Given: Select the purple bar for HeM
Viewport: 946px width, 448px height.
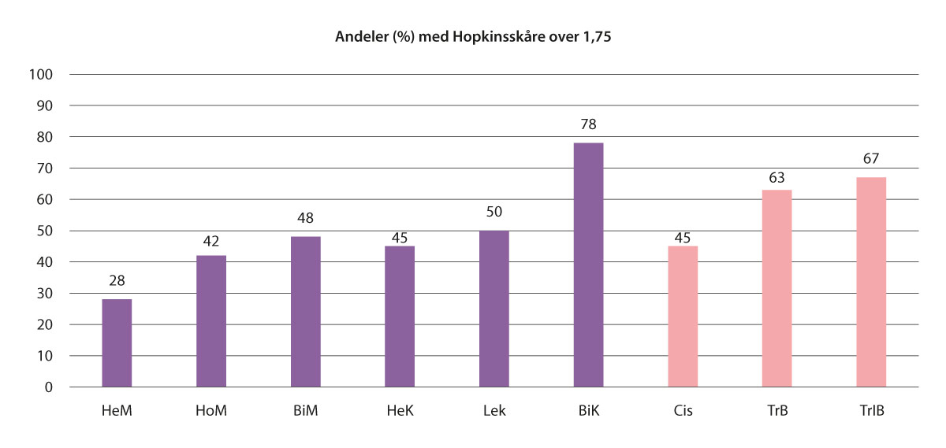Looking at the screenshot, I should (x=117, y=343).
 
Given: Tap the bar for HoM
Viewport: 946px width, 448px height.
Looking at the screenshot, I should (x=211, y=321).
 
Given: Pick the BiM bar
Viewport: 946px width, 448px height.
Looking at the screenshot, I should (x=306, y=312).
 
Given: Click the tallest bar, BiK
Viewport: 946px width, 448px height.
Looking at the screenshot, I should (x=588, y=265).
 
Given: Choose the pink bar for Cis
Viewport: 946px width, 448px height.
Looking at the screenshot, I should (x=683, y=317).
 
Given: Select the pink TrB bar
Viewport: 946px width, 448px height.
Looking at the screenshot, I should (x=777, y=288).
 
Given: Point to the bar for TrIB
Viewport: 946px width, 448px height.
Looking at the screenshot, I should (x=871, y=282).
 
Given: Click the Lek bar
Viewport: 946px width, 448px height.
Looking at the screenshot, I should (x=494, y=309).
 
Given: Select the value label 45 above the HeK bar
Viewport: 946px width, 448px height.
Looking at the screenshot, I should (x=400, y=232).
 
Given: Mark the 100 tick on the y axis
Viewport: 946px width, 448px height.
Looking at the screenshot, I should (x=43, y=75).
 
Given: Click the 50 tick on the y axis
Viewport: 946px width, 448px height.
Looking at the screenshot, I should (x=46, y=231).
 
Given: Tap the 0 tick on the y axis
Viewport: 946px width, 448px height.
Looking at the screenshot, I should (x=49, y=387).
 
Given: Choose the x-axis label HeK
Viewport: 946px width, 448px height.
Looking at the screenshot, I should (x=400, y=410).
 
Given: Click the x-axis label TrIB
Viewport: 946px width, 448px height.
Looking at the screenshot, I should (x=871, y=410).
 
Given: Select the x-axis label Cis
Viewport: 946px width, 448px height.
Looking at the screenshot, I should (x=683, y=410).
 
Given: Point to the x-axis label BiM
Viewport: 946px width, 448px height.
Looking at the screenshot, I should (x=306, y=410).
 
